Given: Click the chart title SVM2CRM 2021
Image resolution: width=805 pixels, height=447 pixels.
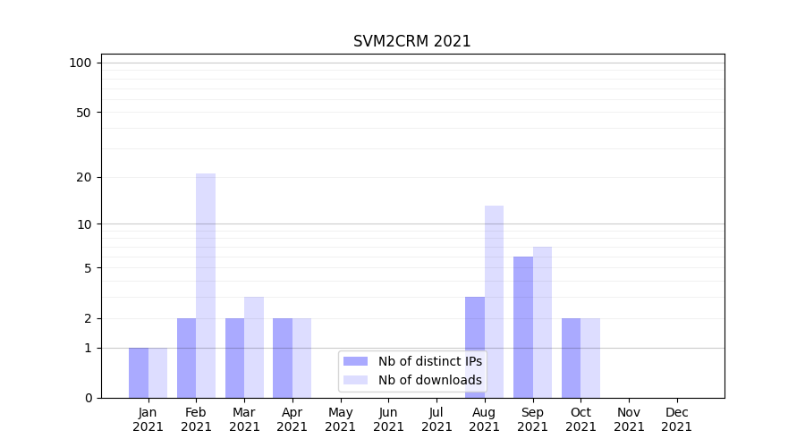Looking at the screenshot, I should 411,41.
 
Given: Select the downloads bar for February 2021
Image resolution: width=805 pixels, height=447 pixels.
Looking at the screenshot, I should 206,285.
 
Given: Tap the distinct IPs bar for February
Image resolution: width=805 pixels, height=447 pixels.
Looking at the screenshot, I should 186,358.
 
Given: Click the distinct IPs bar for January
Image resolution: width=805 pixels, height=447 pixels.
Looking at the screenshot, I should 139,373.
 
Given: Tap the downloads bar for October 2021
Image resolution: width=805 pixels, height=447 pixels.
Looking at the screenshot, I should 590,358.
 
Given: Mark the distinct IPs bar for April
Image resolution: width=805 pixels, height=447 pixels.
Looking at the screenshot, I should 283,358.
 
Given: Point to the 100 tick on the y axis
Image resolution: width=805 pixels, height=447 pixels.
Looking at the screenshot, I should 80,63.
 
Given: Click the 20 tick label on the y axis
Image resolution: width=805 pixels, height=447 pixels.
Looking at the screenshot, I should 84,177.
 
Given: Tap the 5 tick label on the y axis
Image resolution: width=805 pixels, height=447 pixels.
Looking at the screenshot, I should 88,268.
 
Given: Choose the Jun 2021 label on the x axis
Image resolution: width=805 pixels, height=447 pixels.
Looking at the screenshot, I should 388,419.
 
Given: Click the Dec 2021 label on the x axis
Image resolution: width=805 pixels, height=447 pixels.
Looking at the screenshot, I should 677,419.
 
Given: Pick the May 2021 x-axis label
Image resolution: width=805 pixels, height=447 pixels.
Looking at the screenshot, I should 341,419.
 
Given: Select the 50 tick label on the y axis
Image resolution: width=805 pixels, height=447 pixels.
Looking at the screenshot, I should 84,113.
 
